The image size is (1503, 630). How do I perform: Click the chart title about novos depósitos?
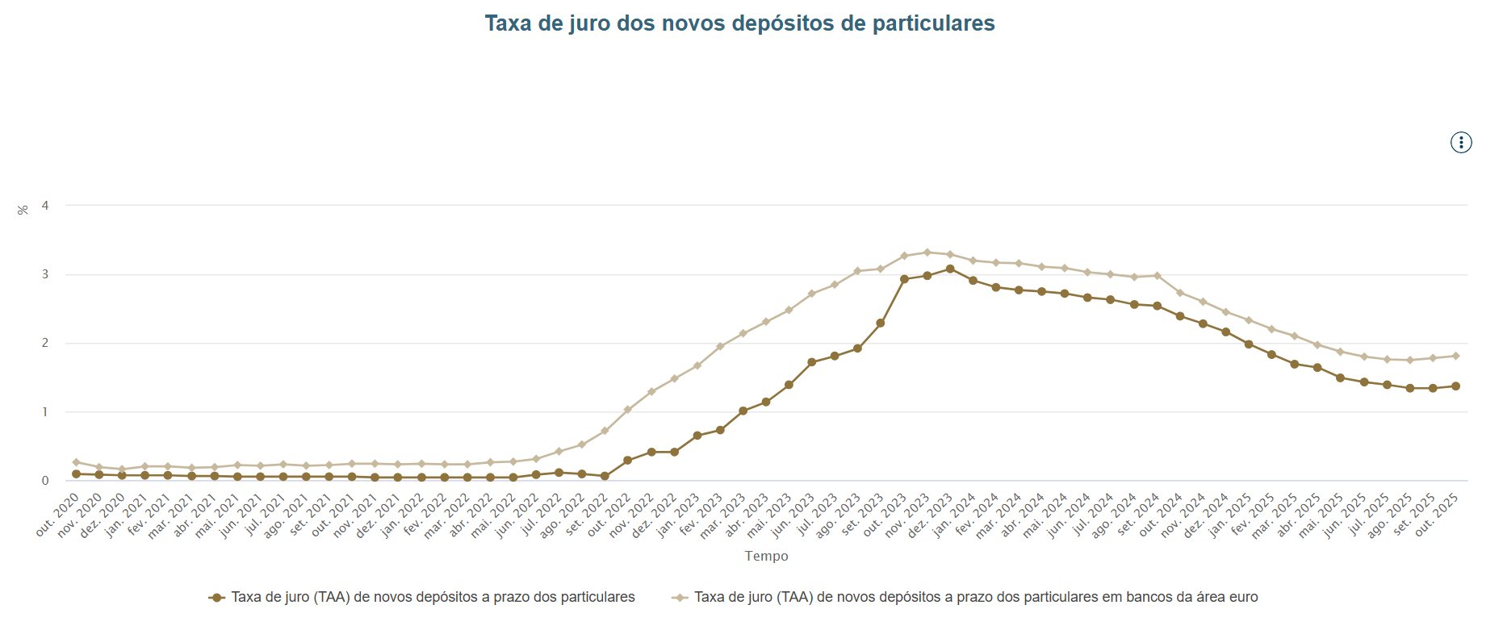coord(739,23)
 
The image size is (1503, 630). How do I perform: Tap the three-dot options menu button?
coord(1460,143)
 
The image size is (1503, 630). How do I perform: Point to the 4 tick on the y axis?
coord(45,206)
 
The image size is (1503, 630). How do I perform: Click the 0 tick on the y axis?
coord(45,481)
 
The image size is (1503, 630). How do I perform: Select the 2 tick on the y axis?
coord(45,343)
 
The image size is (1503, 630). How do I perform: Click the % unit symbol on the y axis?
coord(23,210)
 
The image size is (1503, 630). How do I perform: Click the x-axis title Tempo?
coord(766,556)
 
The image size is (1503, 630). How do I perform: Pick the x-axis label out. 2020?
coord(58,515)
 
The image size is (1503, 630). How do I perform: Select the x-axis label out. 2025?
coord(1438,515)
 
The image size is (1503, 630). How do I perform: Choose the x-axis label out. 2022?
coord(609,515)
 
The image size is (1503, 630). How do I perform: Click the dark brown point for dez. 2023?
coord(950,269)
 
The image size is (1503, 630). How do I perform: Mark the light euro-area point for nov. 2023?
coord(927,252)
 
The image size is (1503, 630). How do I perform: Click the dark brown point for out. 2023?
coord(904,279)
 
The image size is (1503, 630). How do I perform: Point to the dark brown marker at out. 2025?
coord(1455,386)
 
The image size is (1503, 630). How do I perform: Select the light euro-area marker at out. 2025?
coord(1455,356)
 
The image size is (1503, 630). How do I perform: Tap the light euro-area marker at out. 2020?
coord(76,462)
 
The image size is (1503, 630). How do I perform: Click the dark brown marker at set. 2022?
coord(605,476)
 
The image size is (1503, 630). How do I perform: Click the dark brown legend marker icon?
coord(216,598)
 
